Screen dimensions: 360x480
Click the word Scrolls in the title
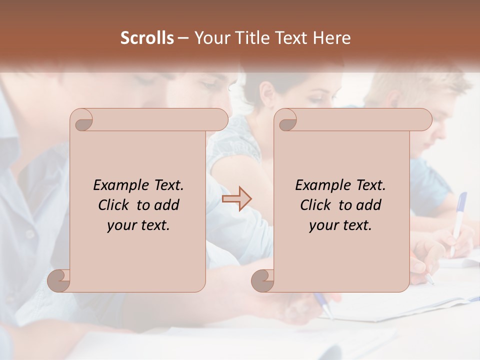(x=147, y=38)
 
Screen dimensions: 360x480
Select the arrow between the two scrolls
(x=236, y=199)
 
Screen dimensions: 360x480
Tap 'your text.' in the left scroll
(x=138, y=225)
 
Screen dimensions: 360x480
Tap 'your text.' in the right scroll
(x=340, y=225)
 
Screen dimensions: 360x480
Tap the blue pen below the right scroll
(x=323, y=304)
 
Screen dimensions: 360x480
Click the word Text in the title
(x=289, y=38)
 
